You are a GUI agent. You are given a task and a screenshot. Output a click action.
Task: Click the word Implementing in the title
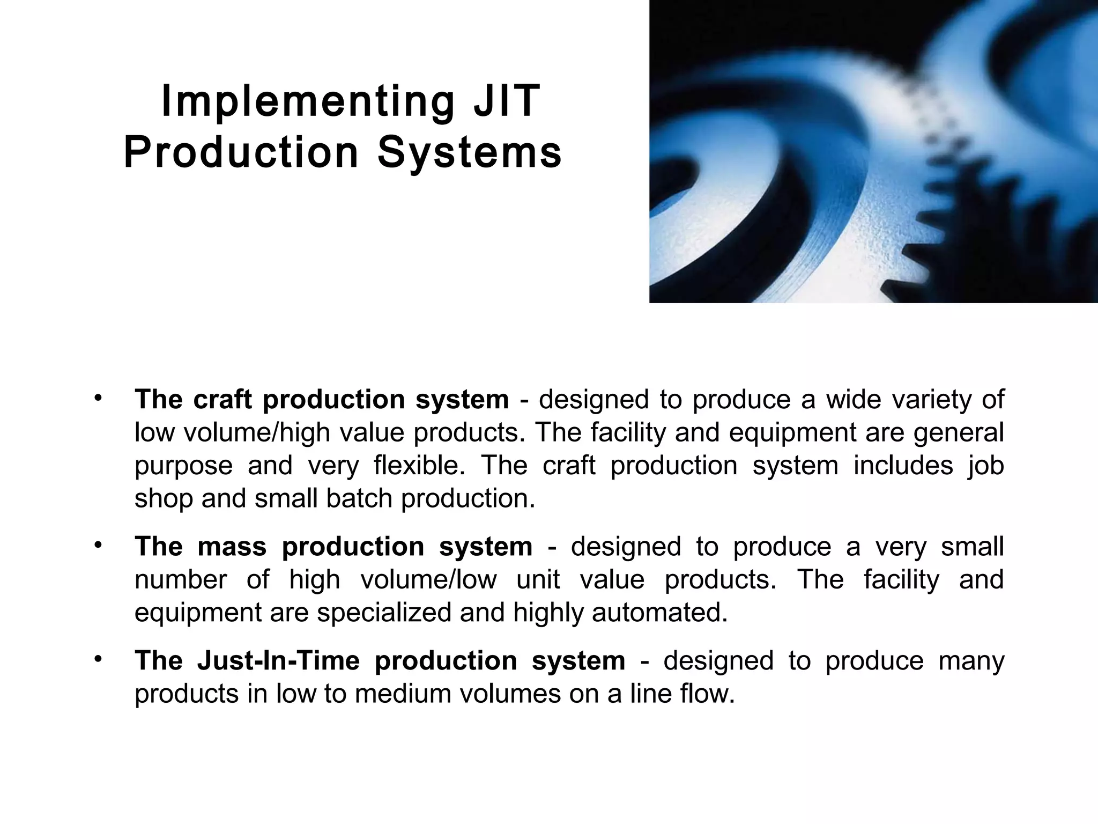pos(308,102)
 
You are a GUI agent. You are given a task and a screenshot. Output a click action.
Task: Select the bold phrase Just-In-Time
pos(278,660)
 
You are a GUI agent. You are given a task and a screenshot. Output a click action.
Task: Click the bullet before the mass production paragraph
pos(98,545)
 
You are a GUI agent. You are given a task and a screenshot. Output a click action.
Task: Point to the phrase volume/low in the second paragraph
pos(428,580)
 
